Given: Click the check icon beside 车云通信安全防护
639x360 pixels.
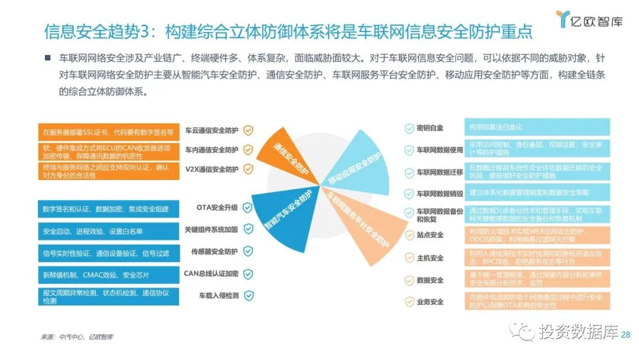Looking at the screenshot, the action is pos(248,130).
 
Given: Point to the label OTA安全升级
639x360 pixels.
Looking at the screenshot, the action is pos(217,208).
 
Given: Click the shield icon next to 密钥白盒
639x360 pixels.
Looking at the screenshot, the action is pos(409,128).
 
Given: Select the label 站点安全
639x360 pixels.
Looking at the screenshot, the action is pos(430,235).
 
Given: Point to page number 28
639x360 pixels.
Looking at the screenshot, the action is pos(626,335).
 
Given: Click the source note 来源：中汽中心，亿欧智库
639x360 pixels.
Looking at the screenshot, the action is pos(77,337).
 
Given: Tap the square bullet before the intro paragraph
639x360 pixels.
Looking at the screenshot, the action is pos(47,59).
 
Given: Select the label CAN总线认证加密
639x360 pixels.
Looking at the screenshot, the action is pos(211,274).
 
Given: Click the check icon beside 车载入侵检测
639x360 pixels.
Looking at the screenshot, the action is pos(248,295).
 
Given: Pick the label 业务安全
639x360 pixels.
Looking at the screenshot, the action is pos(430,302).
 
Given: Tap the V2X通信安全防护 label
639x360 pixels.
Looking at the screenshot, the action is pos(211,169).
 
